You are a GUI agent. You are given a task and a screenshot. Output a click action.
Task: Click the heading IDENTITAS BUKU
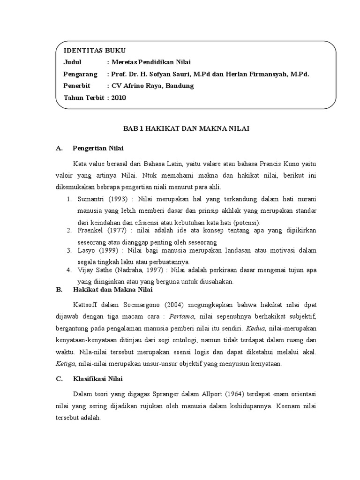[94, 51]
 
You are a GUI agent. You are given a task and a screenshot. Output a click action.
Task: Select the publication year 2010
[119, 97]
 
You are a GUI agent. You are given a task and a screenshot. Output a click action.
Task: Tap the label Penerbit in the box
[76, 86]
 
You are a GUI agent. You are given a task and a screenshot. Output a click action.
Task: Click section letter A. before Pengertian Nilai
[59, 149]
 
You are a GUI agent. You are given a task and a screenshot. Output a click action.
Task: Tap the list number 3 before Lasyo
[68, 251]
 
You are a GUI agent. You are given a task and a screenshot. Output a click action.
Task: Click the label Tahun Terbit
[83, 97]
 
